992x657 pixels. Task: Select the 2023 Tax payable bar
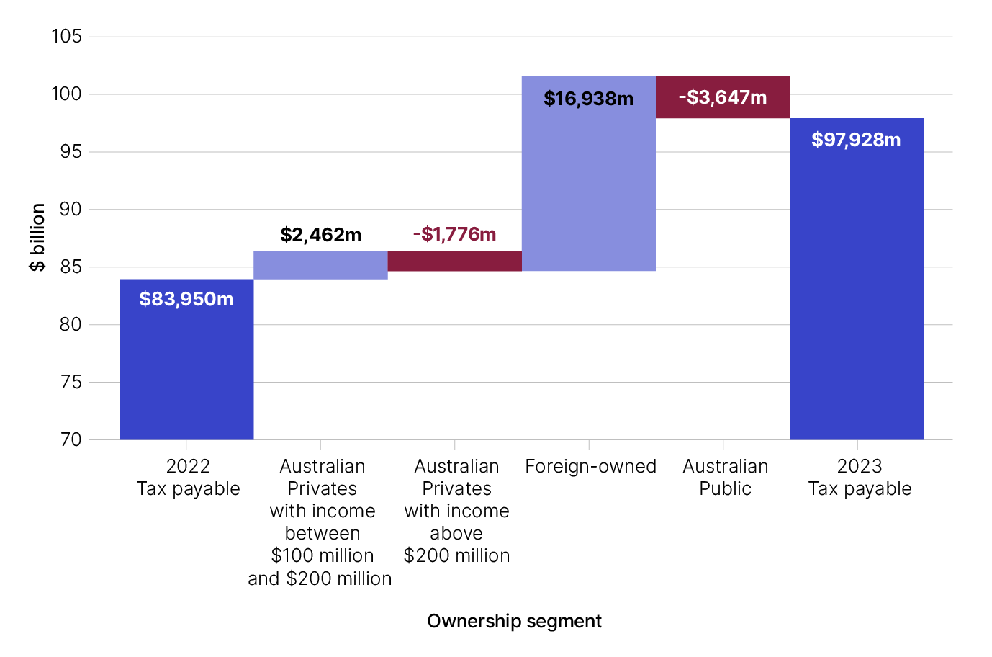[857, 288]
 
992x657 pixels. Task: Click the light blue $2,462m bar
[320, 265]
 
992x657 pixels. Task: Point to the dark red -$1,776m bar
[455, 261]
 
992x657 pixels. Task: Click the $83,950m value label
[186, 299]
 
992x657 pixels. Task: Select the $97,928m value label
[856, 140]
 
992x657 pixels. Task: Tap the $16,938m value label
[589, 99]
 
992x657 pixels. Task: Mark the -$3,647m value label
[723, 97]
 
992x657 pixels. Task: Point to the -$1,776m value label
[455, 234]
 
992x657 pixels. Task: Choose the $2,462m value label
[321, 235]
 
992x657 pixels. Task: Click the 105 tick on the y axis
[66, 36]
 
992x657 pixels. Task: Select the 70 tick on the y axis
[71, 439]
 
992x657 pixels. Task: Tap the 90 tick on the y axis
[71, 209]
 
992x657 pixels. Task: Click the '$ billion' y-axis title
[37, 238]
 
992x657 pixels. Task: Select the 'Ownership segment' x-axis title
[514, 621]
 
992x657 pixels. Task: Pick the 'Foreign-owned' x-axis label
[590, 466]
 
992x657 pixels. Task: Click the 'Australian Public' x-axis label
[725, 477]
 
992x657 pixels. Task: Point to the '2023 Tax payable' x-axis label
[860, 477]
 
